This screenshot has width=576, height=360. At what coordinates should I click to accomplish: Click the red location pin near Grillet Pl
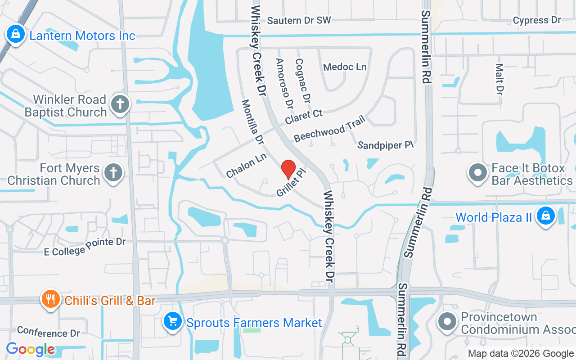(x=288, y=169)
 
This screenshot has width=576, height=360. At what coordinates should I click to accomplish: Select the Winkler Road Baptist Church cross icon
(x=120, y=104)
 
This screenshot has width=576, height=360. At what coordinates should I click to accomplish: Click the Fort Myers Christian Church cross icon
(x=113, y=173)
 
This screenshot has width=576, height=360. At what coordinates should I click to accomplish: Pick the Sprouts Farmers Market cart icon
(x=172, y=321)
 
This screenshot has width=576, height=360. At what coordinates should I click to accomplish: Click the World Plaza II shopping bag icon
(x=545, y=216)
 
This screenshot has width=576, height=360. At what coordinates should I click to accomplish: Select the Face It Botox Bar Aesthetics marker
(x=477, y=173)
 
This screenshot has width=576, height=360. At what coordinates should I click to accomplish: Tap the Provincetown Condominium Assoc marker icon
(x=447, y=322)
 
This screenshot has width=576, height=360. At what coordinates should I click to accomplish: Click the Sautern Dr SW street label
(x=299, y=20)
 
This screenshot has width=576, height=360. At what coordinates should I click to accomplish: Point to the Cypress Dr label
(x=537, y=20)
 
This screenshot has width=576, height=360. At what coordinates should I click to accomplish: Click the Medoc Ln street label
(x=345, y=67)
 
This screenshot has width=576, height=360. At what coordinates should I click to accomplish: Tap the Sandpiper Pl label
(x=385, y=145)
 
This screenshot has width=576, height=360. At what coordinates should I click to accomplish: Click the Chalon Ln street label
(x=246, y=166)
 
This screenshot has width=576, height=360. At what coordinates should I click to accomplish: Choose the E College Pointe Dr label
(x=85, y=247)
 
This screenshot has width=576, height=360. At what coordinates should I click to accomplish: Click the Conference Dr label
(x=49, y=333)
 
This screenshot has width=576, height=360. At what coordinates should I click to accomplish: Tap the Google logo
(x=31, y=349)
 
